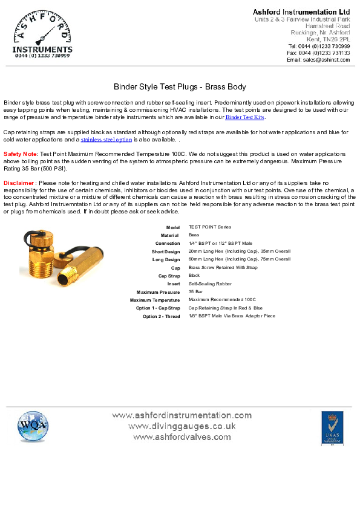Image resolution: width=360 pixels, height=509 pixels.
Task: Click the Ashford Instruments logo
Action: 42,35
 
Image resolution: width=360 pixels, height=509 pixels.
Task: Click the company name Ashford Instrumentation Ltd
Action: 301,12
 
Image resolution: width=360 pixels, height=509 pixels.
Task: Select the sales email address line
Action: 318,60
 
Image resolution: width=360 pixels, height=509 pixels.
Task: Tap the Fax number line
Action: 318,53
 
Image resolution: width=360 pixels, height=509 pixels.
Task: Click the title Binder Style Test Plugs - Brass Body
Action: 180,87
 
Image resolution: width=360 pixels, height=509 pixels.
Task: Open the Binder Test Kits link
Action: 245,117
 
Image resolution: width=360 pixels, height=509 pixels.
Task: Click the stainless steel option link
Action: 106,140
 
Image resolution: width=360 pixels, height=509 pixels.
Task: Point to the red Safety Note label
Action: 20,154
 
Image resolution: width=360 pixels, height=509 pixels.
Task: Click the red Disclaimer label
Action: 19,183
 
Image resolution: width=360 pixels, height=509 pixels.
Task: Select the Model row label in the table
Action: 173,227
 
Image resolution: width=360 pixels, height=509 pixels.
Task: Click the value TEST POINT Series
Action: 209,227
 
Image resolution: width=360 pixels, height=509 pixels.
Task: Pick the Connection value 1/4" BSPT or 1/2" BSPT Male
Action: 220,243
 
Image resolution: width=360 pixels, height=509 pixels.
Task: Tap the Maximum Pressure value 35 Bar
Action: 195,291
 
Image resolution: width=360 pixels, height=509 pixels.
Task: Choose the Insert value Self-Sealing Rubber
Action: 210,284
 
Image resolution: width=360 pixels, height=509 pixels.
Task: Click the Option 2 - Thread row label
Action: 161,316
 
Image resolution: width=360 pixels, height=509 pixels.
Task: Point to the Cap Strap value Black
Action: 194,275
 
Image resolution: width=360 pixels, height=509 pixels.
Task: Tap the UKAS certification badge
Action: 332,428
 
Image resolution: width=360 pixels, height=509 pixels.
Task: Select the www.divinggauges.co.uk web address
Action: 182,426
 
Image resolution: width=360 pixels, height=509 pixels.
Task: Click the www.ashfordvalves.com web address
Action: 182,436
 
